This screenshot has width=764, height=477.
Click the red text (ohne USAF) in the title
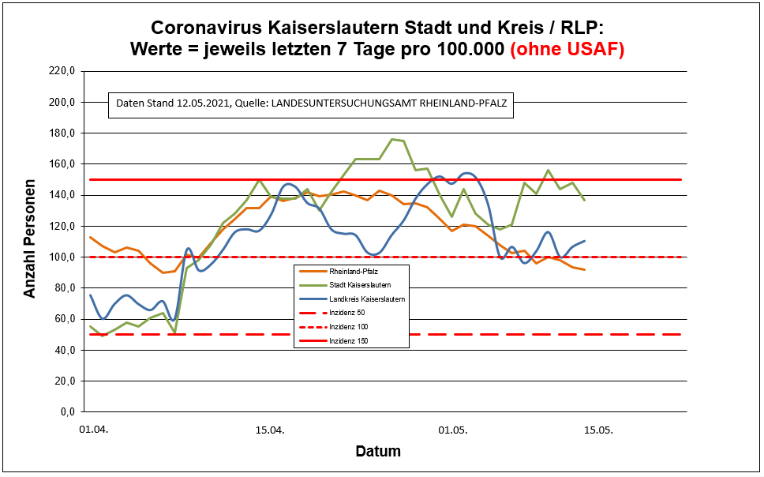tap(567, 49)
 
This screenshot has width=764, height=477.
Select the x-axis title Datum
tap(378, 452)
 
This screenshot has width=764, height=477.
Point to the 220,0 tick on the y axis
tap(61, 71)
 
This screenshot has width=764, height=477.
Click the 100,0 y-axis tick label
tap(61, 257)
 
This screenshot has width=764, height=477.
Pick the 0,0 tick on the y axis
tap(66, 411)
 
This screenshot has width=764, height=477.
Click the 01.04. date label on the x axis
tap(93, 431)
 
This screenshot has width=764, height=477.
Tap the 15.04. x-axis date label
tap(270, 431)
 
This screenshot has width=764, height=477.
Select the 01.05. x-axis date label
tap(453, 431)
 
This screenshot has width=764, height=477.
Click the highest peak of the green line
tap(392, 139)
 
